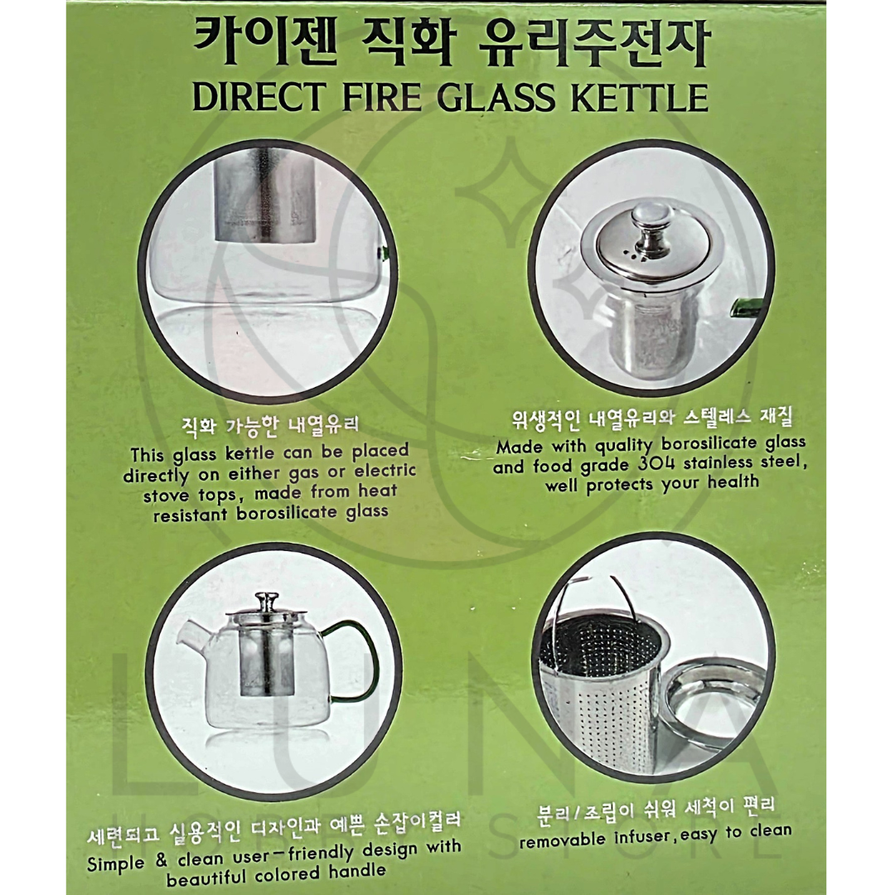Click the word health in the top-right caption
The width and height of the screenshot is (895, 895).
733,482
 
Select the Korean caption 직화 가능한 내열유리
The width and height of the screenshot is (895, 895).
269,426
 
